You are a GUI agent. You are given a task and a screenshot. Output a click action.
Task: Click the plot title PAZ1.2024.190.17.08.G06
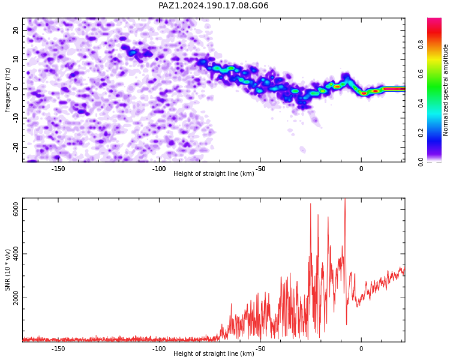213,5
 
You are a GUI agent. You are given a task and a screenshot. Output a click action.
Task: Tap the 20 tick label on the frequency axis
16,30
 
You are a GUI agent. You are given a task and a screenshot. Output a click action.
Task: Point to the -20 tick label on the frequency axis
16,148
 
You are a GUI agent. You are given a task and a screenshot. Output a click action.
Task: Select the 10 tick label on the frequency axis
16,59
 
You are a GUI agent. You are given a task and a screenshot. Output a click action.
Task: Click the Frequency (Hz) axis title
7,90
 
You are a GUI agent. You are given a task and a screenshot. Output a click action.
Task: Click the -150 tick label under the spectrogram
58,169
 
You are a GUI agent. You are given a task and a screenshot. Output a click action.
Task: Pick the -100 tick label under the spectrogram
159,169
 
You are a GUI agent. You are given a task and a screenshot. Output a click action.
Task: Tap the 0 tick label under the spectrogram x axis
361,169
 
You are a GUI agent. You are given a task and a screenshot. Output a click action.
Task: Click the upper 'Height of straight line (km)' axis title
214,173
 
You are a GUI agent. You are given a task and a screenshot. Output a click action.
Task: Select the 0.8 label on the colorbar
421,44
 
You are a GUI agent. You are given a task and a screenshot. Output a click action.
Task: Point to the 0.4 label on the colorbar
421,103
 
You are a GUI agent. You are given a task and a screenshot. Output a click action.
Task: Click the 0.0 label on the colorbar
421,162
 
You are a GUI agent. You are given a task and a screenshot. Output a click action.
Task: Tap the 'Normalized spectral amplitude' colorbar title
445,90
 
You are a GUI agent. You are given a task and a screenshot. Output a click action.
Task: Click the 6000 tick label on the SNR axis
16,210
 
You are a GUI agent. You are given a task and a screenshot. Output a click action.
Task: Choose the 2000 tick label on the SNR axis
16,298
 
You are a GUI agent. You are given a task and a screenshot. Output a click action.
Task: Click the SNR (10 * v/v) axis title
7,270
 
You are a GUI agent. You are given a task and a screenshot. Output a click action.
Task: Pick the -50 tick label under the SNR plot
260,349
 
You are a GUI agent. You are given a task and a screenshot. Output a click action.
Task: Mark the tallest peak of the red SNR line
345,199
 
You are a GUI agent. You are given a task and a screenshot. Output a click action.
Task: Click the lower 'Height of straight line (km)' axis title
214,353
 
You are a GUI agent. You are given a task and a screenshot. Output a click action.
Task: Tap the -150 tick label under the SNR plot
58,349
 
